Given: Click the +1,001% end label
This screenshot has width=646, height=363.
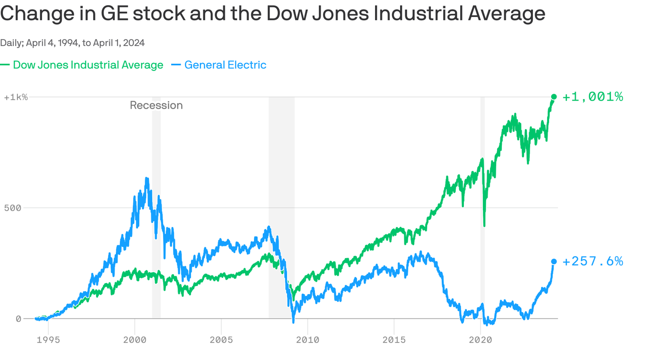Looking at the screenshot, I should pos(593,97).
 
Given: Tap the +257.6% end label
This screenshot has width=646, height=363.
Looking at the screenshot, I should pos(593,261).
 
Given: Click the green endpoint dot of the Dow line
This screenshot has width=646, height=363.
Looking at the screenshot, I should pos(554,97).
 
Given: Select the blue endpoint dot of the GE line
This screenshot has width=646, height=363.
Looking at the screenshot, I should pos(554,261).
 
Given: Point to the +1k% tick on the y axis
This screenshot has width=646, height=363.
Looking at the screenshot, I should pos(16,97).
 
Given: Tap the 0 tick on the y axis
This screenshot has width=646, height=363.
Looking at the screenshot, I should pos(18,319).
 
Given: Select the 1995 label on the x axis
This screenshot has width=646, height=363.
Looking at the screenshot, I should pos(48,339).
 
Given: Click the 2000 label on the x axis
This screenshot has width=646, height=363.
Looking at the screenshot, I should pos(135,339).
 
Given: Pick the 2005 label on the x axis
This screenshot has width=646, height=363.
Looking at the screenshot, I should pos(221,339).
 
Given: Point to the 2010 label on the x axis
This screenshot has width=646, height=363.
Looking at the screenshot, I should pos(307,339).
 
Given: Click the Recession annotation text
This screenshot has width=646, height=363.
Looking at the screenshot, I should pos(156,105).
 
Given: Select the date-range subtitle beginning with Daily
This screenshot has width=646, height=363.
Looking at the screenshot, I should pos(72,43).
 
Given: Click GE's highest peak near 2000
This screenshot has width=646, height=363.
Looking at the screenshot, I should pos(147,179).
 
